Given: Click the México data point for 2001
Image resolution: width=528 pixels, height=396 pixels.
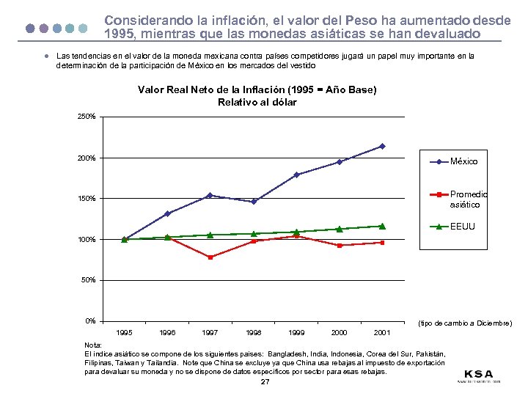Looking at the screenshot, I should click(382, 146).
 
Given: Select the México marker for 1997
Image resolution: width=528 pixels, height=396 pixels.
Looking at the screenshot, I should click(210, 195).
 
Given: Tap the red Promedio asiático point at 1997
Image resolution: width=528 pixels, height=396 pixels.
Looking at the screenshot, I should click(210, 257).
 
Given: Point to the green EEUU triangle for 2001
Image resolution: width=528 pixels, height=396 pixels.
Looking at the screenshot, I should click(382, 226).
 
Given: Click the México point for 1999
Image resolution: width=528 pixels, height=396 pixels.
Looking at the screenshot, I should click(296, 175).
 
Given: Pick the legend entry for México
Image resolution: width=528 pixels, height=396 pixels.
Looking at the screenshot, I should click(463, 161).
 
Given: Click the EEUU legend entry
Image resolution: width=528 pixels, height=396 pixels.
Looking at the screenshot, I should click(462, 227).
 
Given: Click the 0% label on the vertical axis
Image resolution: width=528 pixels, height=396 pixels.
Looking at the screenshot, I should click(90, 321).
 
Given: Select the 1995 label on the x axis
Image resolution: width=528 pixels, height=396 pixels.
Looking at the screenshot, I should click(125, 333).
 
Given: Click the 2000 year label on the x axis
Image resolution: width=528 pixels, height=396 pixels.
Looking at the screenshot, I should click(339, 333).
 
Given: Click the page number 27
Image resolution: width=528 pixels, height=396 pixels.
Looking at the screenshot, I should click(265, 382).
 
